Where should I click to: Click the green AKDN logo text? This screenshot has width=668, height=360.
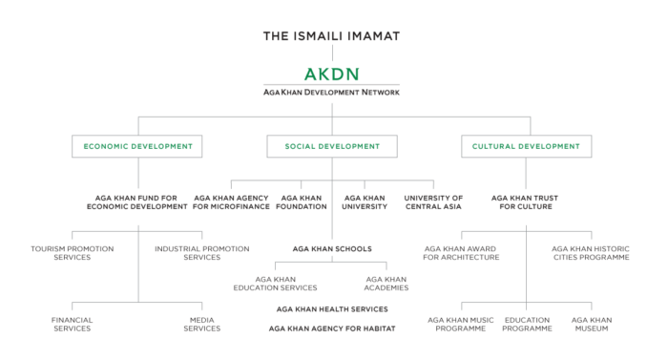331,74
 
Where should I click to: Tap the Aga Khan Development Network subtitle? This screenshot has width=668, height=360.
331,93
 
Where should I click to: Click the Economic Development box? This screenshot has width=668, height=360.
137,146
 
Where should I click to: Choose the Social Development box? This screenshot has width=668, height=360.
332,146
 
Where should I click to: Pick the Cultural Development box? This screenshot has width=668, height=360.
526,146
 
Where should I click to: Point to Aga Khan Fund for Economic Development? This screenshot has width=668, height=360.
137,202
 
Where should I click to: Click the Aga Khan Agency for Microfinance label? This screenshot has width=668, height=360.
230,202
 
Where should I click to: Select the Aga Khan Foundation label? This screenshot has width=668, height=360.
303,202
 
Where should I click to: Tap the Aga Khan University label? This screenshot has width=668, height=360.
365,202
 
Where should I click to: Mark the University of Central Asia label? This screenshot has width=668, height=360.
433,202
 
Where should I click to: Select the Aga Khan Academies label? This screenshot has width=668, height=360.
386,283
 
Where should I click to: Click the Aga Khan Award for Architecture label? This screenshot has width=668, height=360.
463,252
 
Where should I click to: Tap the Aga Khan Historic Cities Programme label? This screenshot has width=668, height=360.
590,252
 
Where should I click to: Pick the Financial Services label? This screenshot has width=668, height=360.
73,324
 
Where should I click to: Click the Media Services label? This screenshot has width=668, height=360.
201,324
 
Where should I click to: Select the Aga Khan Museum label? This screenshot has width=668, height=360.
590,324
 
